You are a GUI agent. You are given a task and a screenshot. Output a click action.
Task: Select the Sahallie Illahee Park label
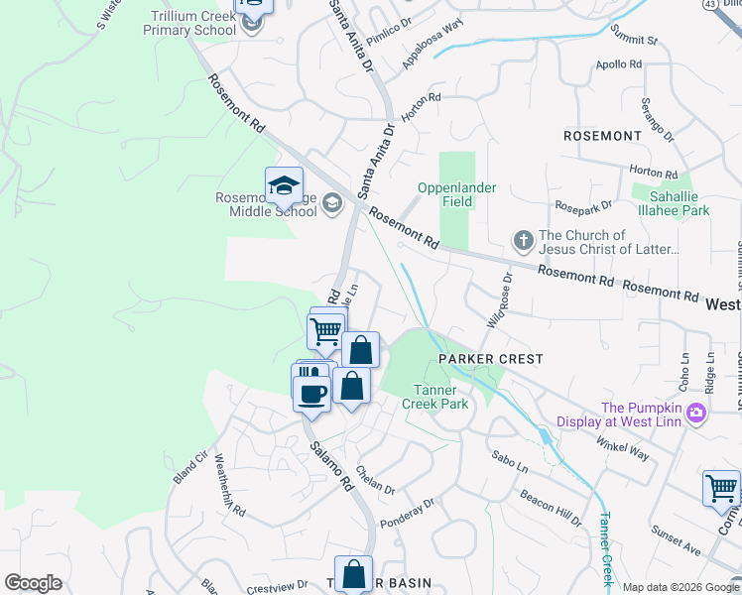pos(672,204)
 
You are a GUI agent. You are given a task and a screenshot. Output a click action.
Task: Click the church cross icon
pos(523,240)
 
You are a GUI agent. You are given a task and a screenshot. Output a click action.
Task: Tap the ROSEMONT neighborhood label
pos(602,135)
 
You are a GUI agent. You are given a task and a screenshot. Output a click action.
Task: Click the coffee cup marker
pos(311,393)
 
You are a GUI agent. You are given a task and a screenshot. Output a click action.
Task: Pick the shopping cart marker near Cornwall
pos(720,489)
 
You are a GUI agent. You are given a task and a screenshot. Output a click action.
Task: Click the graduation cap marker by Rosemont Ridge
pos(284,185)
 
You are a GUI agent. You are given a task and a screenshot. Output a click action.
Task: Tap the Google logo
pos(33,583)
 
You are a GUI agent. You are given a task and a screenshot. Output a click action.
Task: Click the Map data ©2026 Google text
pos(680,587)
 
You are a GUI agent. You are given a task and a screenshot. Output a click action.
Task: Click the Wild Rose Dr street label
pos(499,301)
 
